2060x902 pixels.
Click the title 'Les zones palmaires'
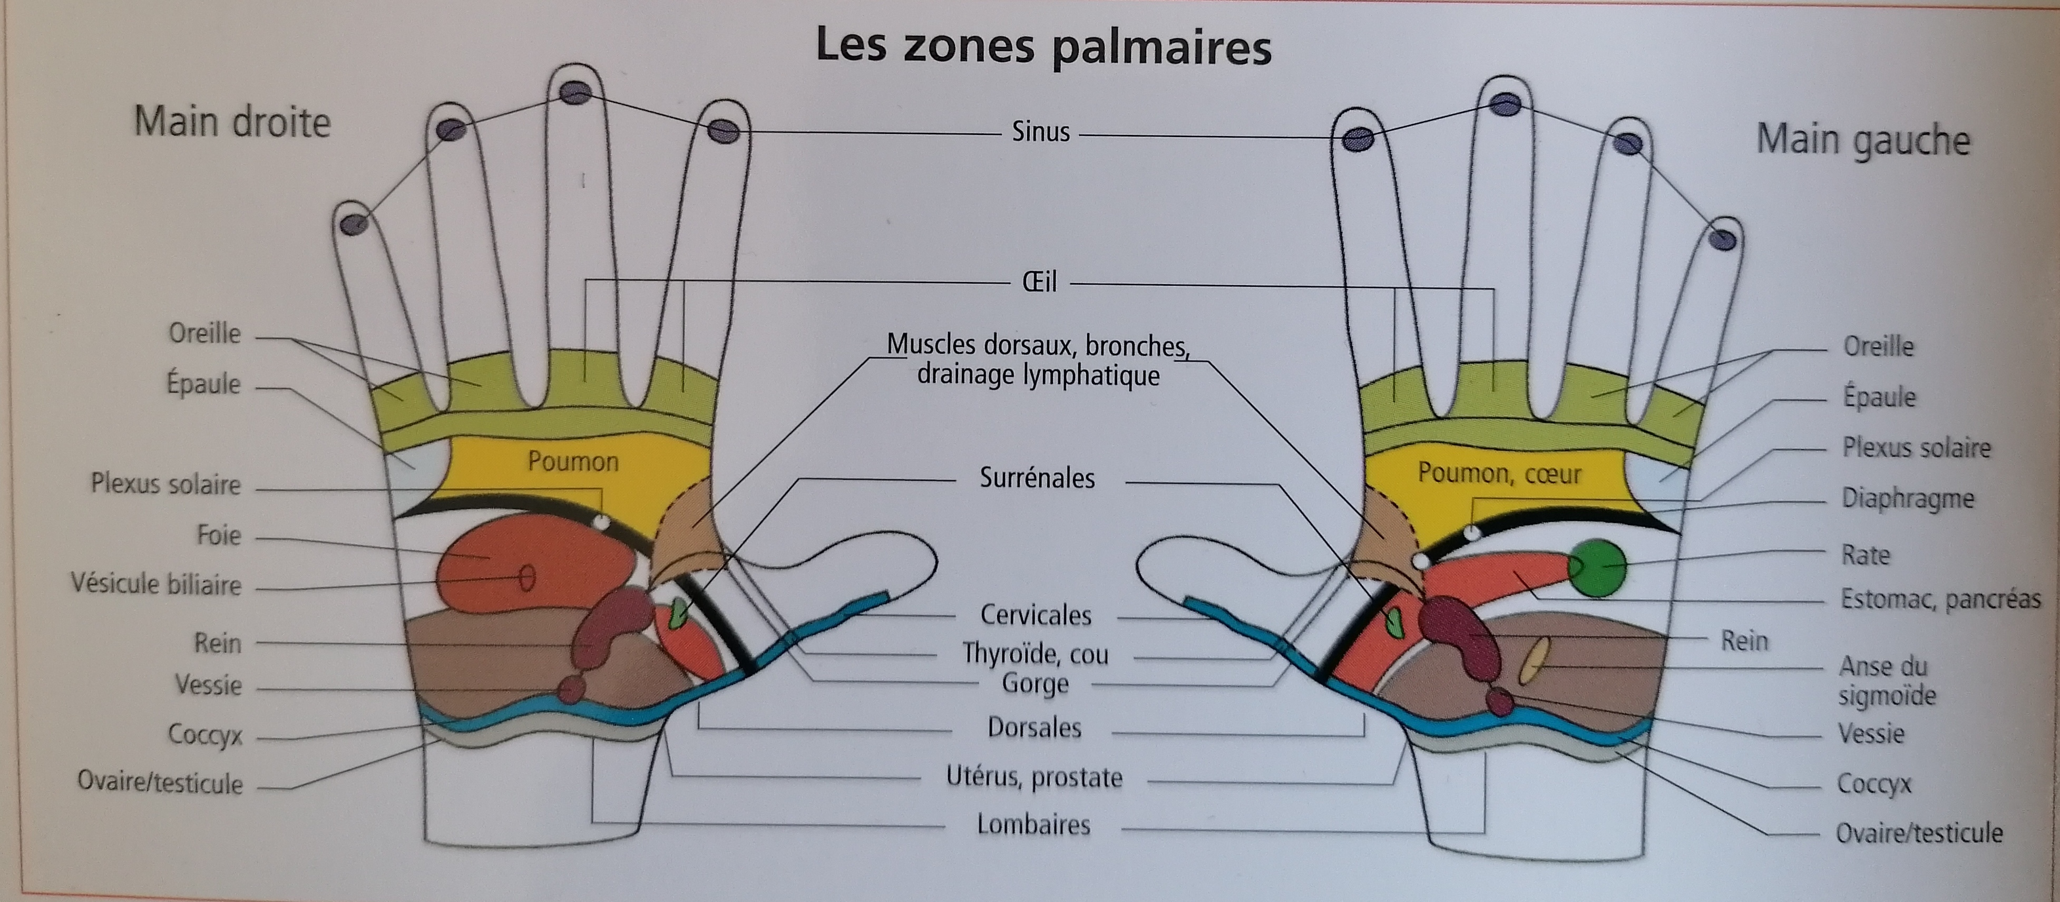tap(1043, 46)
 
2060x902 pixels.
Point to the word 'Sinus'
tap(1040, 132)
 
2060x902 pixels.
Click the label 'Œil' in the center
tap(1040, 282)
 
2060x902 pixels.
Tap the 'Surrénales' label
tap(1037, 478)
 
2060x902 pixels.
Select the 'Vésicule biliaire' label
tap(156, 584)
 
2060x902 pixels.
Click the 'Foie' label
tap(218, 535)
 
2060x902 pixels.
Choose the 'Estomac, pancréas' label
tap(1940, 599)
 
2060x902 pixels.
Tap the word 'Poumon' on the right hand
tap(573, 461)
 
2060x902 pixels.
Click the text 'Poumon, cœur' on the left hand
tap(1499, 473)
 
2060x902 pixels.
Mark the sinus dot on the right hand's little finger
tap(354, 224)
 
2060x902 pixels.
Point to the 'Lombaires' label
tap(1033, 825)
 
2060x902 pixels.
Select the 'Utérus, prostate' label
tap(1034, 777)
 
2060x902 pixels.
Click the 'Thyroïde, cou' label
tap(1035, 654)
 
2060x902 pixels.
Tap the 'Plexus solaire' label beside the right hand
tap(165, 484)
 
